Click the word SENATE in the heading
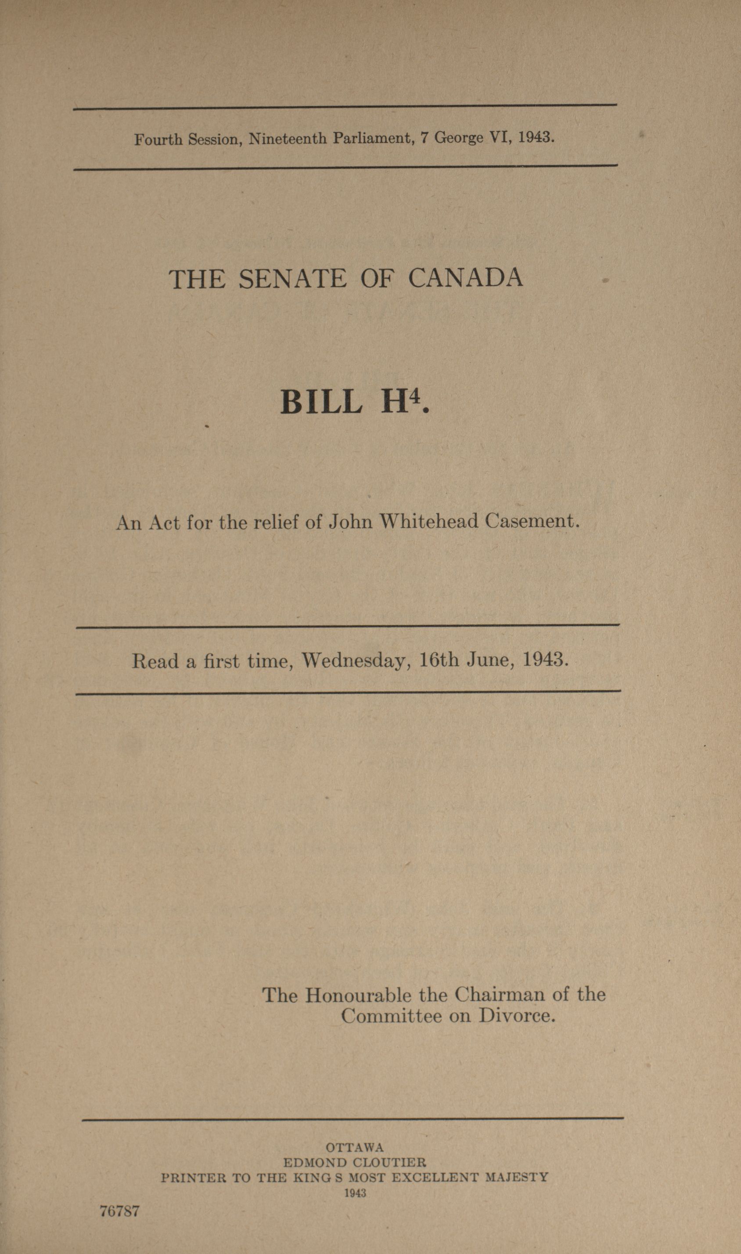click(292, 279)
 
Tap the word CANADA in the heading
click(465, 277)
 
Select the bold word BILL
click(321, 402)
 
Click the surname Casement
click(531, 521)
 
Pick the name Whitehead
click(429, 521)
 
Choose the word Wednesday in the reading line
click(356, 661)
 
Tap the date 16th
click(439, 660)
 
